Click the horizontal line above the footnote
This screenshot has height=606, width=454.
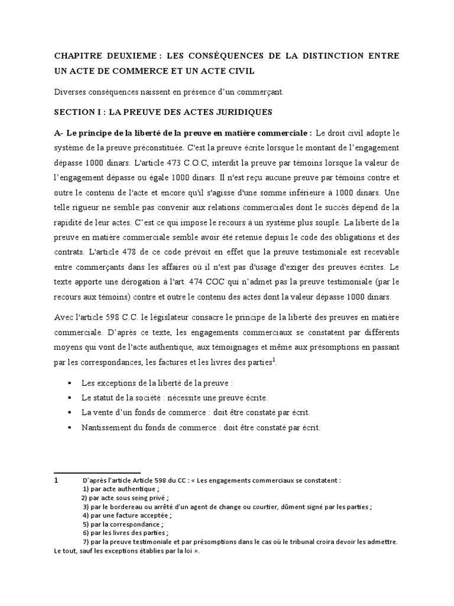click(97, 473)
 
